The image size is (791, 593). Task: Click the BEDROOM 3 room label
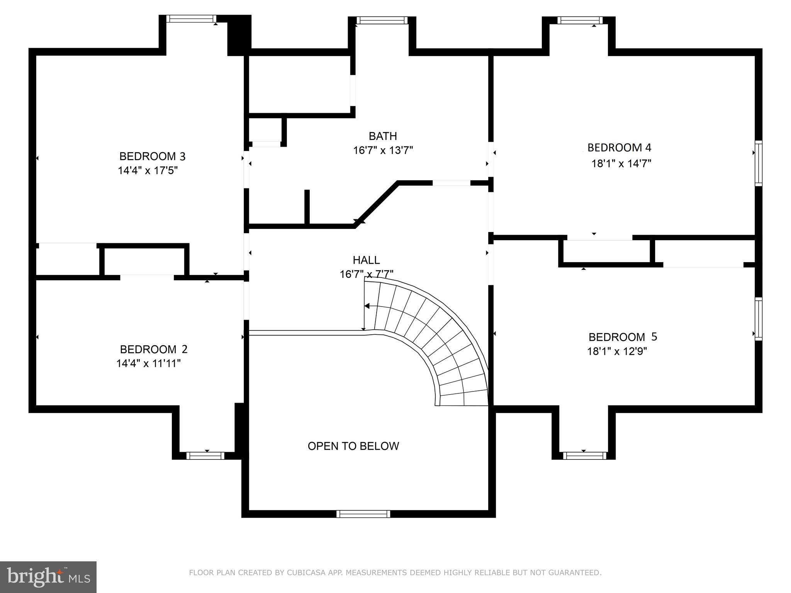pos(152,156)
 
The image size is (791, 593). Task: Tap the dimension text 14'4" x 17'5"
pos(148,171)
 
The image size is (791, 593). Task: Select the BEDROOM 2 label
pos(154,349)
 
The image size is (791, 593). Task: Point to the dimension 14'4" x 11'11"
pos(149,364)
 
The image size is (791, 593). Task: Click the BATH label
pos(382,136)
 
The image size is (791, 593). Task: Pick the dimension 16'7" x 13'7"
pos(383,151)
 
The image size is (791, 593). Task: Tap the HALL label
pos(366,260)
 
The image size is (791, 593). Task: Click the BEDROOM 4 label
pos(619,147)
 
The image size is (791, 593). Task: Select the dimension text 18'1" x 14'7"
pos(621,164)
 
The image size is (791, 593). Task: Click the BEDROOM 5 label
pos(623,337)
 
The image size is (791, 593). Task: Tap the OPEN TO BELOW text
pos(353,446)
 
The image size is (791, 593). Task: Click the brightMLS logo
pos(48,577)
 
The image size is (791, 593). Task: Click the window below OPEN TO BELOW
pos(363,514)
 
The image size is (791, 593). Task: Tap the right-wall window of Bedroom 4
pos(759,163)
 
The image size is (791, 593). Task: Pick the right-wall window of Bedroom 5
pos(759,319)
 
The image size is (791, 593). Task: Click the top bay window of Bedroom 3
pos(191,19)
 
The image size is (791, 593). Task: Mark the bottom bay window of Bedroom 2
pos(205,456)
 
